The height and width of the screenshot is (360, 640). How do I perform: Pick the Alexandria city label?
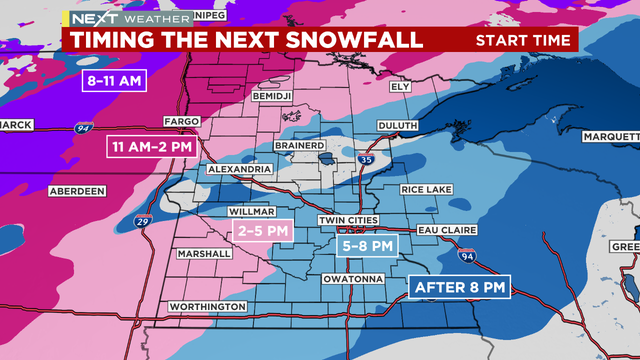[239, 170]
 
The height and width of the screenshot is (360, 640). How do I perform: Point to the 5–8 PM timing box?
[367, 244]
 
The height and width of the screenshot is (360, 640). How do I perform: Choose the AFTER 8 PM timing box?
[460, 288]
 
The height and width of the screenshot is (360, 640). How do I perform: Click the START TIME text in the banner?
[523, 40]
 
